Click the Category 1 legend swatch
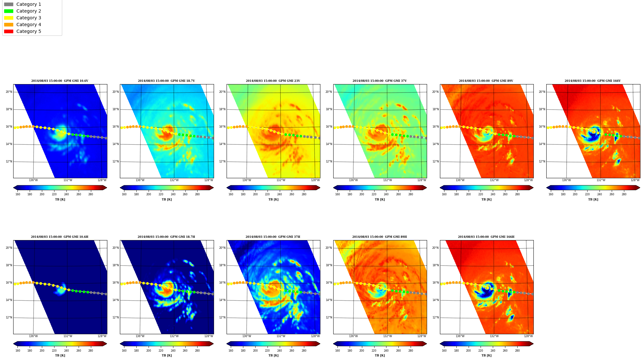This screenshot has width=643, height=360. pos(9,4)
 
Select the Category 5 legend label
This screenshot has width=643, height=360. pos(29,31)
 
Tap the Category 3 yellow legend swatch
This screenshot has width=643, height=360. pos(9,18)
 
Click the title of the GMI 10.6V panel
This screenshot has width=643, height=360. pos(60,81)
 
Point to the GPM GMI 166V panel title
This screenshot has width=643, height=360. pos(592,81)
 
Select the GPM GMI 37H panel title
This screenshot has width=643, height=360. pos(273,237)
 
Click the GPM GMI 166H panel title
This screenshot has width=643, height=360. pos(486,237)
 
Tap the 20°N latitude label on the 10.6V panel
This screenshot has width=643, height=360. pos(9,92)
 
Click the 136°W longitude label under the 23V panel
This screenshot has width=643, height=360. pos(247,180)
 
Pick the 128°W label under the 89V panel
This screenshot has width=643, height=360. pos(528,180)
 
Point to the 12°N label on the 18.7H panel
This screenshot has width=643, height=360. pos(116,317)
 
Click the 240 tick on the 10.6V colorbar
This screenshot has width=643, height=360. pos(66,194)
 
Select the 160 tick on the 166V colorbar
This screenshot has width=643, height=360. pos(551,194)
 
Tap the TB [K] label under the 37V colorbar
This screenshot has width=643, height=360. pos(380,199)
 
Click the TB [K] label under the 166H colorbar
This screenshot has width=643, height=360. pos(486,355)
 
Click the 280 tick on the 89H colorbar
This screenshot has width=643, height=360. pos(411,351)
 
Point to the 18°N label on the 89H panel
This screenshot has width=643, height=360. pos(329,265)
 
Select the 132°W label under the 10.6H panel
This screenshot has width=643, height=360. pos(68,336)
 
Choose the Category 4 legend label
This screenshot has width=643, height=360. pos(29,24)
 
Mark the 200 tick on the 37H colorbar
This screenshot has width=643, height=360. pos(255,351)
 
